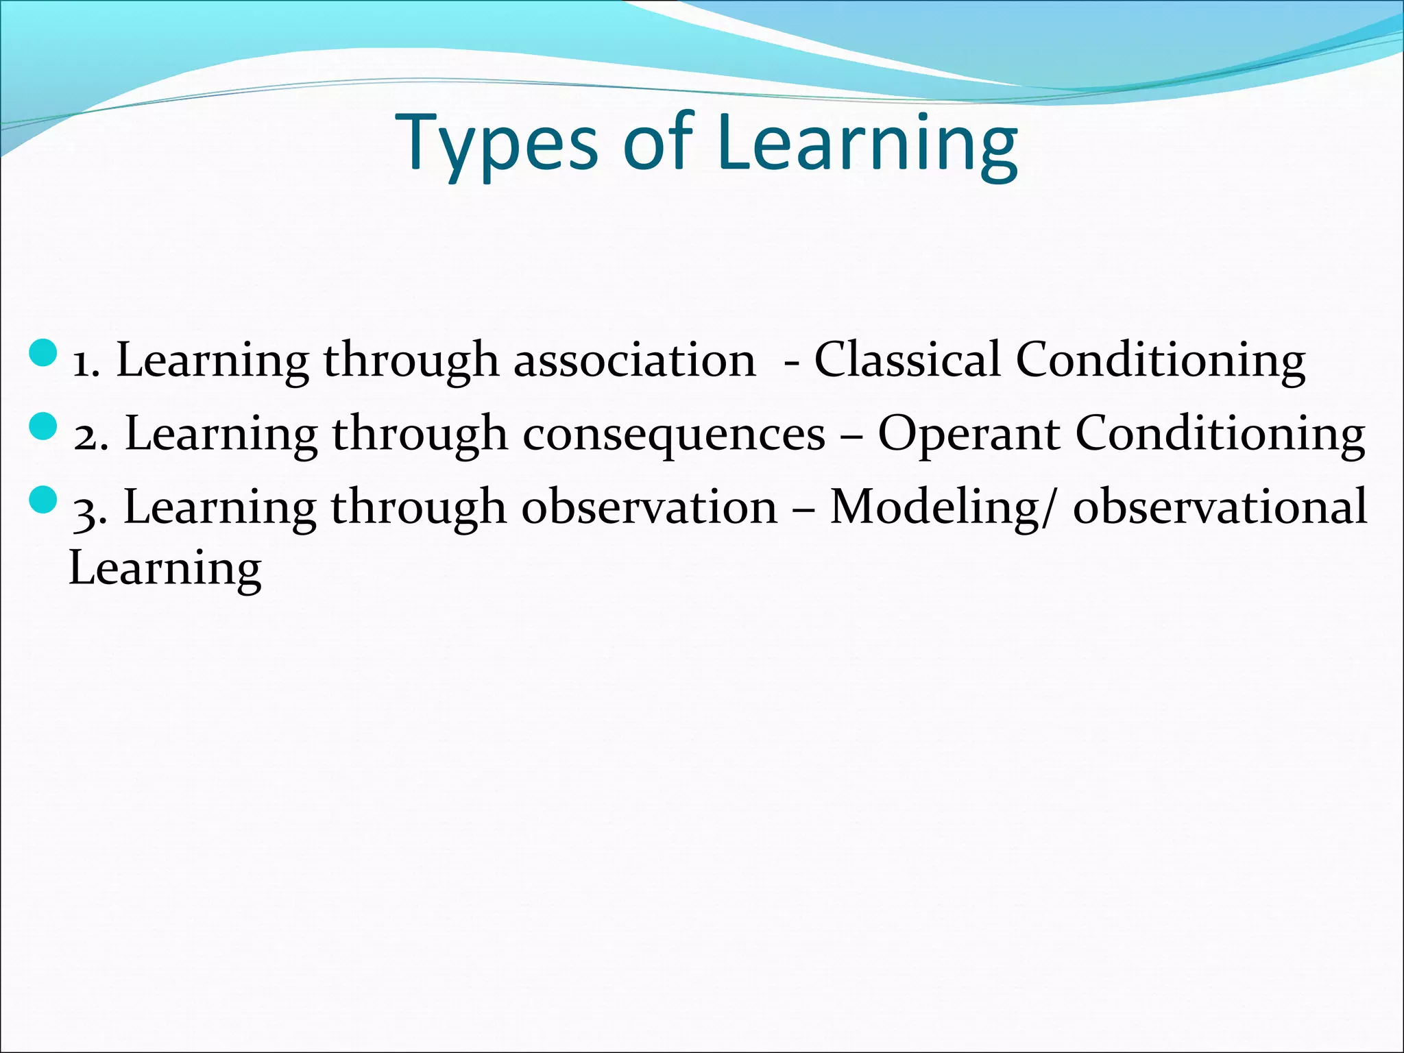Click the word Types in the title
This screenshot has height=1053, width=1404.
pyautogui.click(x=496, y=144)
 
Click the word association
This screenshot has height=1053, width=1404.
pyautogui.click(x=634, y=361)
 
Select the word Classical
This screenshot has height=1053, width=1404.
pyautogui.click(x=906, y=361)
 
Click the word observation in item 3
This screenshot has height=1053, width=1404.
pyautogui.click(x=649, y=507)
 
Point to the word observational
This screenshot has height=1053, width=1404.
pyautogui.click(x=1220, y=507)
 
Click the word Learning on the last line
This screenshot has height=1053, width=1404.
pyautogui.click(x=165, y=569)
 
